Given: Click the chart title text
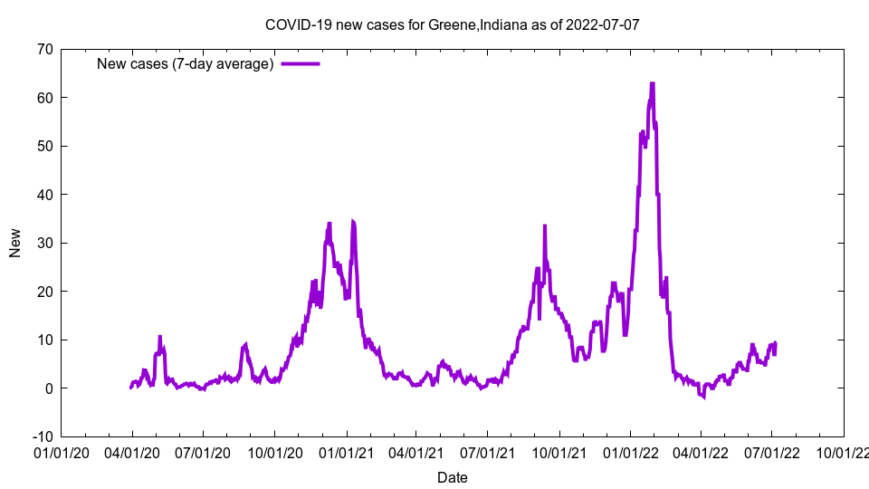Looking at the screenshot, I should pyautogui.click(x=452, y=24).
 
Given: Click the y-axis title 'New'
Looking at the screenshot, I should pyautogui.click(x=15, y=243).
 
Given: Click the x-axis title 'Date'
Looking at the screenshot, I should pyautogui.click(x=452, y=477).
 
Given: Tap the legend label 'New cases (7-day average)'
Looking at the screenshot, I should pyautogui.click(x=185, y=63).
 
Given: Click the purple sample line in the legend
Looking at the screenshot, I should pyautogui.click(x=300, y=63).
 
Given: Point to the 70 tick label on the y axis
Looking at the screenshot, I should pyautogui.click(x=44, y=49).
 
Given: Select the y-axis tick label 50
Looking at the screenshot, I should pyautogui.click(x=44, y=146).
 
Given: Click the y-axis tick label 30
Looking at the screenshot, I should pyautogui.click(x=44, y=243).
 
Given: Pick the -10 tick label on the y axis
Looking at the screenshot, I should pyautogui.click(x=42, y=436).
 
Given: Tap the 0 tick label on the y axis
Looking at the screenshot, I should pyautogui.click(x=48, y=388).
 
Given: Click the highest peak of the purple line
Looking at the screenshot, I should pyautogui.click(x=652, y=84).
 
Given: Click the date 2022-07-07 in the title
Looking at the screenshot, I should pyautogui.click(x=603, y=24).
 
